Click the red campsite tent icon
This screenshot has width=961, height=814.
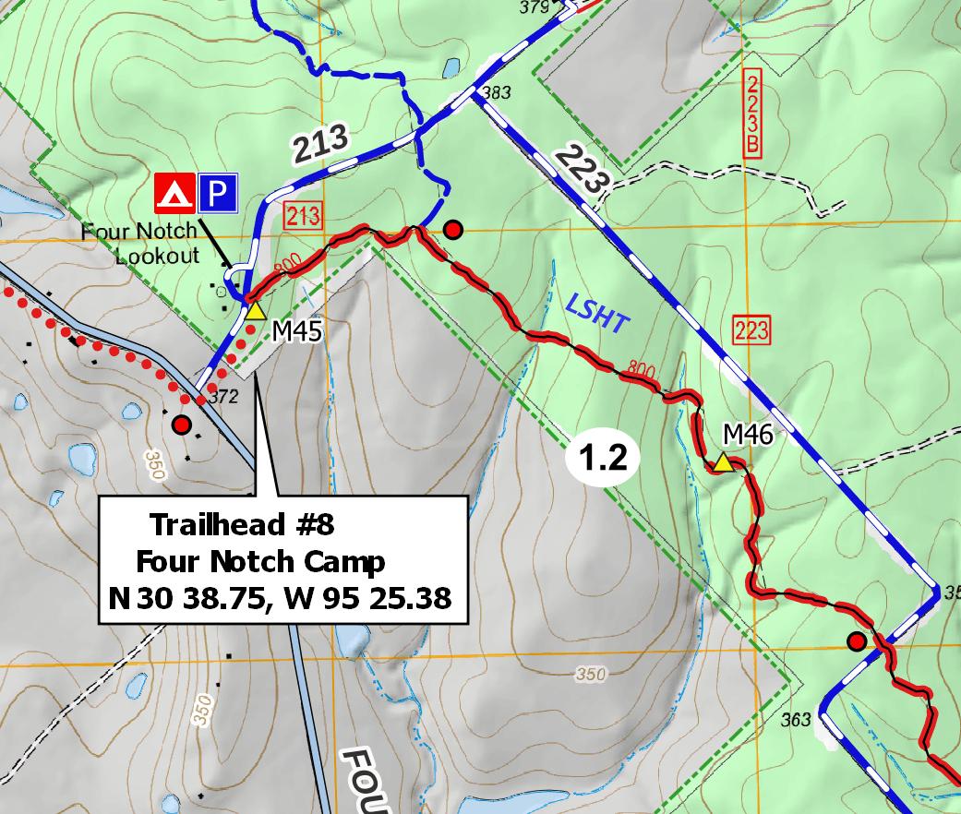(x=175, y=192)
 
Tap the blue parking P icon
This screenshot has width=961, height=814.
(x=216, y=192)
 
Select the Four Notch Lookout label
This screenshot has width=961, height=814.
(x=152, y=243)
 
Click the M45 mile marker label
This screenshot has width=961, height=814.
(x=296, y=331)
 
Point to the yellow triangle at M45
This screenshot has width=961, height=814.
(x=256, y=311)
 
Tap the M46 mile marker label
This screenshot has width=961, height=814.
(x=747, y=434)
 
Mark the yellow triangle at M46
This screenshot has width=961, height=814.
(x=724, y=463)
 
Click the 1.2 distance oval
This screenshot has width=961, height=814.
(x=604, y=458)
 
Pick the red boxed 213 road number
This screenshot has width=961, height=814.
(x=303, y=217)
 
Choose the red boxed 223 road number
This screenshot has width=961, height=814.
(x=751, y=329)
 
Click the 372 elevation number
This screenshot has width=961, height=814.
(x=224, y=398)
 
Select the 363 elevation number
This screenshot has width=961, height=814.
(x=795, y=719)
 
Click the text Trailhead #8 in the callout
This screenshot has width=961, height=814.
(x=241, y=525)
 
